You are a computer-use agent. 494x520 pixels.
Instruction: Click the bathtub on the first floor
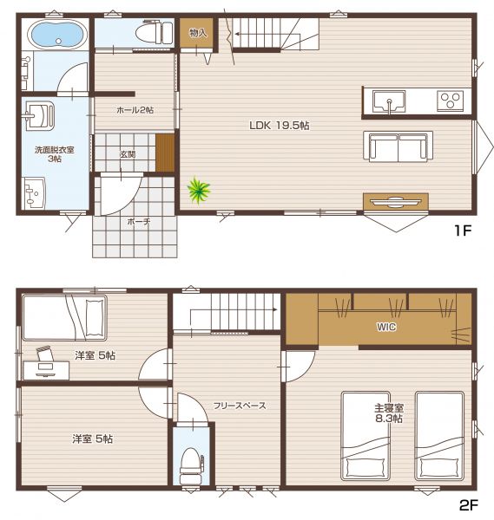(x=57, y=35)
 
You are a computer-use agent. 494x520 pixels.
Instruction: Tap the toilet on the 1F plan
(x=154, y=32)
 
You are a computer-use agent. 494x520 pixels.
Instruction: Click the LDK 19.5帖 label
(x=280, y=126)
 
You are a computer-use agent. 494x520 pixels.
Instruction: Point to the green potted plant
(x=198, y=191)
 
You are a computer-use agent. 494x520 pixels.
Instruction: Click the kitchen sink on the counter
(x=389, y=101)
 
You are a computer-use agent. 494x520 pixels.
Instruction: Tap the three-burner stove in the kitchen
(x=450, y=101)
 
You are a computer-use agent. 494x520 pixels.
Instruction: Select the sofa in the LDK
(x=398, y=146)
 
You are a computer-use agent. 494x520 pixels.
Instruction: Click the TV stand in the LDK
(x=395, y=201)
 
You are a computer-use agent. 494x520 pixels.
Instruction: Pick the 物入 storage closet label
(x=198, y=33)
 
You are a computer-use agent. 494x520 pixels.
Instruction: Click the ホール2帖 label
(x=135, y=110)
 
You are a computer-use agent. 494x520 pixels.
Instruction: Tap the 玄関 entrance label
(x=128, y=154)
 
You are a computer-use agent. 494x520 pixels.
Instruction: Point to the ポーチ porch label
(x=139, y=221)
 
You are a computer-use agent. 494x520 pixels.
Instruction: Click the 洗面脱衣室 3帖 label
(x=55, y=154)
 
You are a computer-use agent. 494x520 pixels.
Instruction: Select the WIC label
(x=386, y=327)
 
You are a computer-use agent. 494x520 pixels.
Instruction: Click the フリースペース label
(x=240, y=406)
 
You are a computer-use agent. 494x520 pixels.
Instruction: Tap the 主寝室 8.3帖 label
(x=389, y=413)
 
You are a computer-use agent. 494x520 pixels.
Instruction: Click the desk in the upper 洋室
(x=46, y=370)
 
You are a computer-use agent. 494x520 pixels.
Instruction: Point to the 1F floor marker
(x=463, y=231)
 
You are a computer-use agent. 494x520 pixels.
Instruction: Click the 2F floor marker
(x=469, y=505)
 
